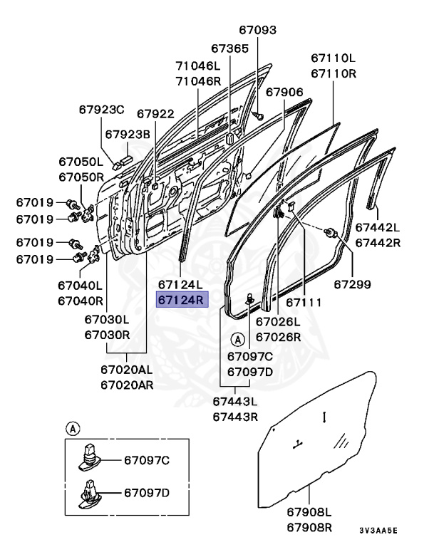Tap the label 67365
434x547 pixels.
[x=230, y=48]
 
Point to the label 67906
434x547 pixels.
[x=284, y=92]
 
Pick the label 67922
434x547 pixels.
[x=155, y=113]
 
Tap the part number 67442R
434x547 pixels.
[x=378, y=243]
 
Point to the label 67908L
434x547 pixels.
[x=310, y=511]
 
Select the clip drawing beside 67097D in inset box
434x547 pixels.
[x=88, y=494]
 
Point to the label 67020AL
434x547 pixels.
[x=126, y=370]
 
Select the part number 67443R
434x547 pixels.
[x=234, y=417]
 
